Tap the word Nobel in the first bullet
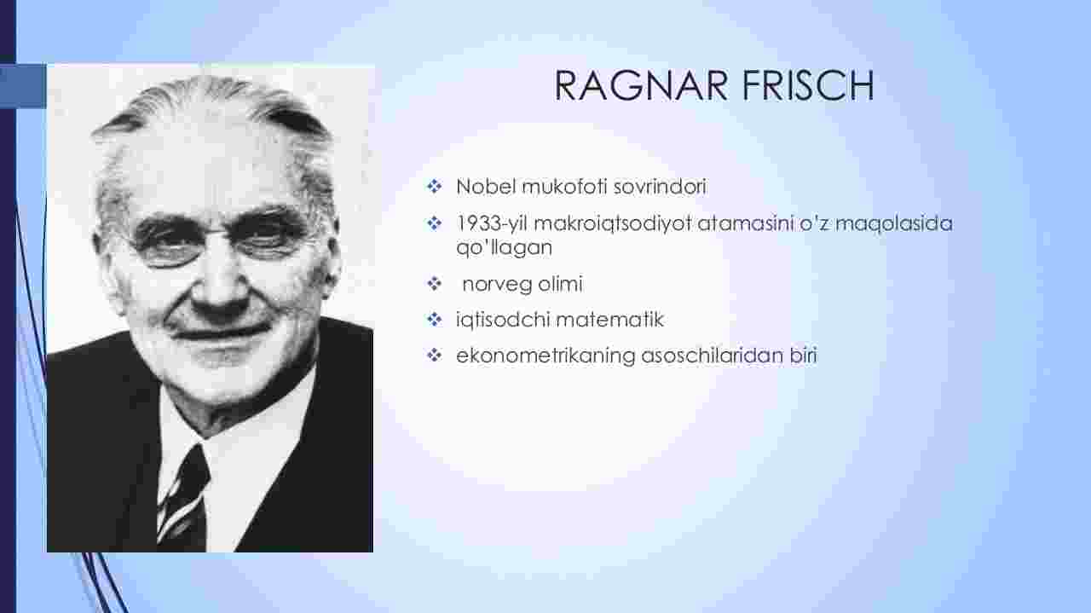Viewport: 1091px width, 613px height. pos(486,187)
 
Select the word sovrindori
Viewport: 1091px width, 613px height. pos(660,187)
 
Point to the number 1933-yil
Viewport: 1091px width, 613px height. pos(492,224)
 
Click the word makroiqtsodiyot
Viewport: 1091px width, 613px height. pos(613,224)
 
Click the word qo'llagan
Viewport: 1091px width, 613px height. pos(504,247)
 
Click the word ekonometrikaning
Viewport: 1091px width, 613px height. pos(546,356)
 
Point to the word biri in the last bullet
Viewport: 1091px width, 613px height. pos(804,356)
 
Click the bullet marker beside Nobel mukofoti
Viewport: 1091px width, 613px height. pos(434,186)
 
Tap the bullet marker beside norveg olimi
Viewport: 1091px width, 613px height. pos(434,284)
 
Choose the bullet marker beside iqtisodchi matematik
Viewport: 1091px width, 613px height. pos(434,320)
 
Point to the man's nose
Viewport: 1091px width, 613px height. pos(219,287)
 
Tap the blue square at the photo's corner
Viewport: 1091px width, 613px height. pos(23,86)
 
